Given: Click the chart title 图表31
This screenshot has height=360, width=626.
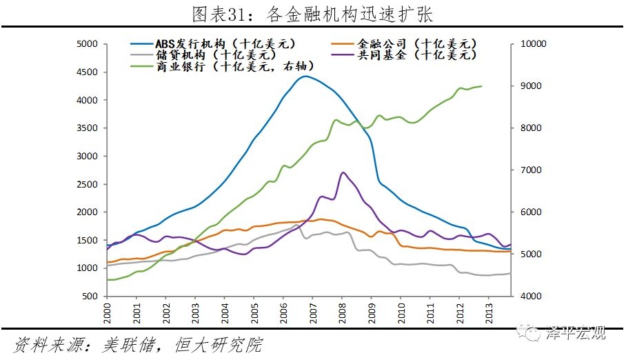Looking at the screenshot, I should coord(312,13).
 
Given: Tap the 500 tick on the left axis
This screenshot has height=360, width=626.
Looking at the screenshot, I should coord(90,297).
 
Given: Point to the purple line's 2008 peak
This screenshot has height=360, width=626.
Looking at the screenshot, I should coord(343,172).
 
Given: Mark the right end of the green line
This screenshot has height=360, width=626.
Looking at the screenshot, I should coord(481,86).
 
